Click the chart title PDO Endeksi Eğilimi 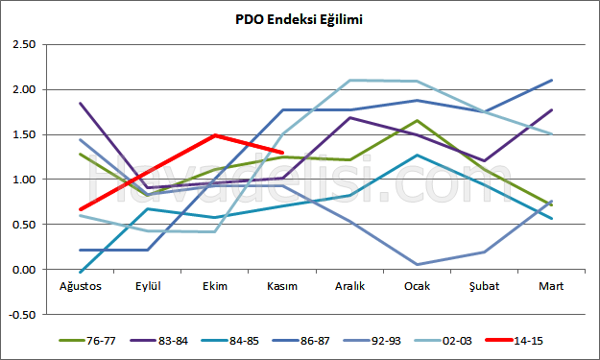(x=300, y=19)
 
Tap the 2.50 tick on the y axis (x=22, y=44)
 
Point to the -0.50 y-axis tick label (x=21, y=314)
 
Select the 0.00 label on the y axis (x=22, y=270)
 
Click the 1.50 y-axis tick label (x=22, y=134)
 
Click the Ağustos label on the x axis (x=82, y=285)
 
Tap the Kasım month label (x=282, y=285)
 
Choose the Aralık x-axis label (x=349, y=285)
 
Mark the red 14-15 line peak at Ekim (x=216, y=135)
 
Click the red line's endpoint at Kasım (x=282, y=152)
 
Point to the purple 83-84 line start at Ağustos (x=81, y=103)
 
